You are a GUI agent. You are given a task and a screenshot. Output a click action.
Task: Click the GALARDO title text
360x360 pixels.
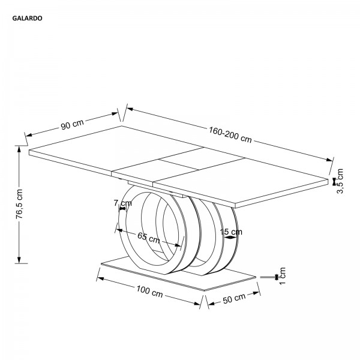28,19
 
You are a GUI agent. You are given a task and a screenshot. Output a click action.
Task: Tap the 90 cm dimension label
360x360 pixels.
72,124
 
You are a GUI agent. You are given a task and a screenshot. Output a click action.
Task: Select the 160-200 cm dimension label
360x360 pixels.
230,134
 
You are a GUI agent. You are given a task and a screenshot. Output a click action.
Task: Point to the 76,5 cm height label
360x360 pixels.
20,203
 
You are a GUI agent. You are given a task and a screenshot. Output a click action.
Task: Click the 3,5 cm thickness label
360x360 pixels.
340,181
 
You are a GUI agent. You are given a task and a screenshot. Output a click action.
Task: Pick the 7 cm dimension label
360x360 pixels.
123,203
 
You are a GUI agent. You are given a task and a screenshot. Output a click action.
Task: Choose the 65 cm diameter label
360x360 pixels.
149,238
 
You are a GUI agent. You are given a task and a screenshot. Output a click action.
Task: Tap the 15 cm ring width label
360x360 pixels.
231,232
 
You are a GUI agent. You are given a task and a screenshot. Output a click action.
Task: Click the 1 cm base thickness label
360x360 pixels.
282,275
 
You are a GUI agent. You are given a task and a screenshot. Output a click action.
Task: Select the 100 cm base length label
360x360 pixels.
149,292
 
